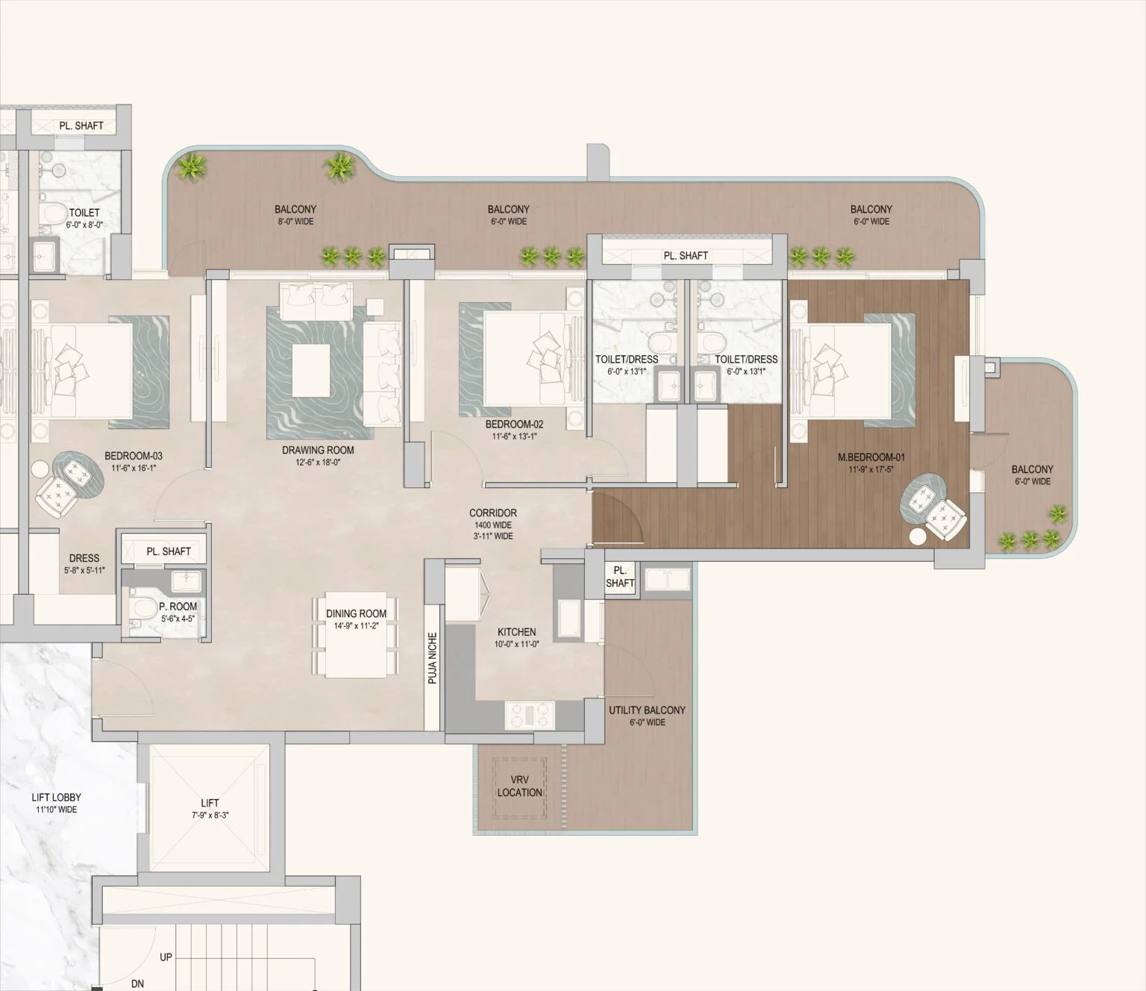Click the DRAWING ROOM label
click(318, 450)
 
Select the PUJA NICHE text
click(432, 658)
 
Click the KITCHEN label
click(517, 631)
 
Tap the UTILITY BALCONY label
click(646, 710)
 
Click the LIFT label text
click(210, 803)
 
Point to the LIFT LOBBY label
click(57, 798)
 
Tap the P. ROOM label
click(178, 607)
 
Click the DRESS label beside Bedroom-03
click(84, 557)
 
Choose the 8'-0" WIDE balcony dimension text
click(295, 221)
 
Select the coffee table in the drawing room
click(316, 370)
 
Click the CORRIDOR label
click(492, 513)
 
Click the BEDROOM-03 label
click(133, 456)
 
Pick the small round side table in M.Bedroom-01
click(917, 536)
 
